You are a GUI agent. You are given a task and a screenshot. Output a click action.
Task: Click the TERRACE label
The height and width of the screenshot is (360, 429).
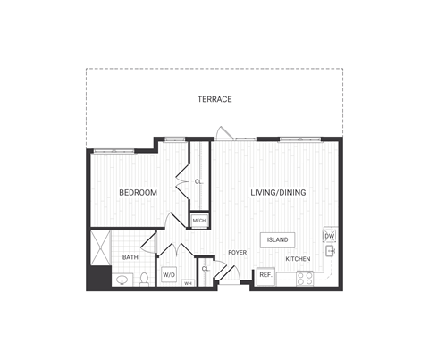click(214, 99)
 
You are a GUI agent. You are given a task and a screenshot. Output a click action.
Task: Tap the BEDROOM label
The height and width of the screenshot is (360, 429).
click(138, 192)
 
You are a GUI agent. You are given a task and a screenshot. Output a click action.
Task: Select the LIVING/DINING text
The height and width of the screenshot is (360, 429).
click(276, 192)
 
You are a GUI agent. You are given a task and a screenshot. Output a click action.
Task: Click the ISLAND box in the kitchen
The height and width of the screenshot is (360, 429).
click(276, 239)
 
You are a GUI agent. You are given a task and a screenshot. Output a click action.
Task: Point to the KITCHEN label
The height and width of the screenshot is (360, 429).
click(298, 259)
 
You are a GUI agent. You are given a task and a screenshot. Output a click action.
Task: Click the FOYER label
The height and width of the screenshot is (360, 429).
click(237, 253)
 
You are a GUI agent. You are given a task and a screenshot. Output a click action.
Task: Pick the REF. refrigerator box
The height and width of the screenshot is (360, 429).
click(265, 276)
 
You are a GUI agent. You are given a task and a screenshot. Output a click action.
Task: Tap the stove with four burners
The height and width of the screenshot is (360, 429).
click(305, 277)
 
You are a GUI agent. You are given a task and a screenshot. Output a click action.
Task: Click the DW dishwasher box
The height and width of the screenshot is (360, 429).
click(329, 236)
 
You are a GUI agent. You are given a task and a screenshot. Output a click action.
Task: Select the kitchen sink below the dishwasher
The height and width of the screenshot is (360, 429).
click(329, 252)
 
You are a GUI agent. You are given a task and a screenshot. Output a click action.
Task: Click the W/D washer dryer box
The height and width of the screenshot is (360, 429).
click(169, 275)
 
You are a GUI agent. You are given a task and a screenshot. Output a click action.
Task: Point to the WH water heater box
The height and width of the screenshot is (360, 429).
click(189, 283)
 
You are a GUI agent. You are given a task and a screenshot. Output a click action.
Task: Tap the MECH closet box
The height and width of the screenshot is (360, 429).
click(199, 220)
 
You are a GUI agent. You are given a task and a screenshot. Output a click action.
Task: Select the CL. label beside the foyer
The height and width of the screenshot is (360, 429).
click(205, 268)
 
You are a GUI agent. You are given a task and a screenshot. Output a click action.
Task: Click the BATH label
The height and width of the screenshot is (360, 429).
click(130, 258)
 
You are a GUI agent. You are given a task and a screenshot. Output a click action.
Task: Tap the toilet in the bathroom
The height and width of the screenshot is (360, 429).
click(143, 280)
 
